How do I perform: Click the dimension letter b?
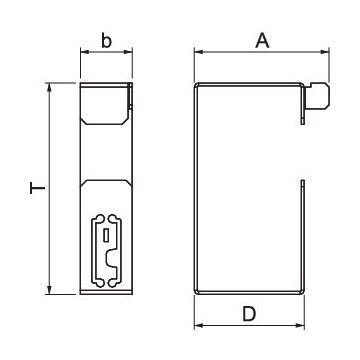coord(106,41)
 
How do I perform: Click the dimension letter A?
coord(262,41)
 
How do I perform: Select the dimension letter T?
coord(37,188)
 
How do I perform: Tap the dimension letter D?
coord(249,314)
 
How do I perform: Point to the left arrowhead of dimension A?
coord(199,52)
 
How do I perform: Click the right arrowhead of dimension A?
coord(325,52)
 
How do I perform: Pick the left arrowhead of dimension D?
coord(199,325)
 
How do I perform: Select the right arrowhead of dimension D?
coord(300,325)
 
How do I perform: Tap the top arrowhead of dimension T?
coord(50,87)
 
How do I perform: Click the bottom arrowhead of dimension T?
coord(50,290)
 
